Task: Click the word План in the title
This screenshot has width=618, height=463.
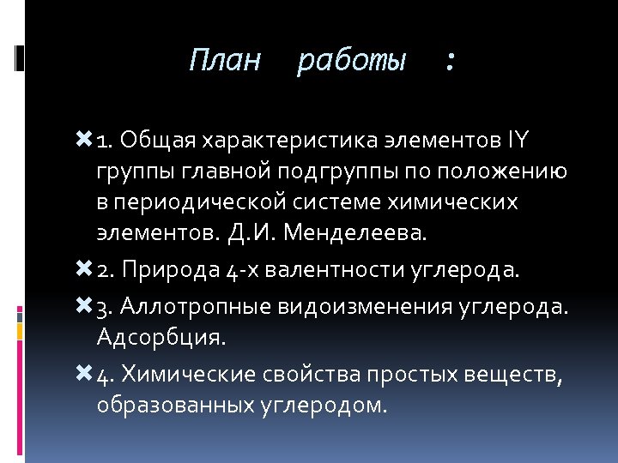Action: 224,61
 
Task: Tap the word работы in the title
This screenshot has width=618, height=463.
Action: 351,62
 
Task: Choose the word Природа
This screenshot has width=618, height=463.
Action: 173,271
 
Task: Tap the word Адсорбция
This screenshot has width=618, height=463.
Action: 161,336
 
